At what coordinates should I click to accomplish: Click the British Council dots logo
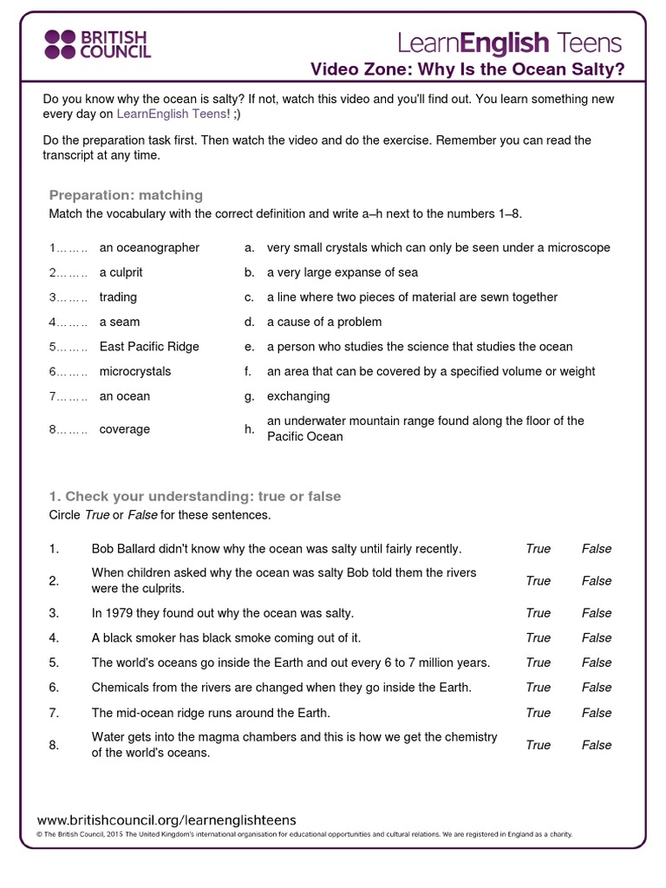pyautogui.click(x=60, y=43)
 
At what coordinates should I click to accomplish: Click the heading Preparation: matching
pyautogui.click(x=126, y=195)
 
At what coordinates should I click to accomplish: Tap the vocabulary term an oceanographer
pyautogui.click(x=149, y=248)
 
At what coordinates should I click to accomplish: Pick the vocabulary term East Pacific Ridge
pyautogui.click(x=149, y=347)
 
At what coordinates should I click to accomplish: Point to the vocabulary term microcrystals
pyautogui.click(x=135, y=371)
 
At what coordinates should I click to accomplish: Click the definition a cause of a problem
pyautogui.click(x=324, y=322)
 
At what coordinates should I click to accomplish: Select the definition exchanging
pyautogui.click(x=298, y=396)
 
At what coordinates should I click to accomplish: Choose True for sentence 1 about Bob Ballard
pyautogui.click(x=538, y=549)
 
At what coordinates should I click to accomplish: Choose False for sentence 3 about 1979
pyautogui.click(x=597, y=613)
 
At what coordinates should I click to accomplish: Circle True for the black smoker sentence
pyautogui.click(x=538, y=638)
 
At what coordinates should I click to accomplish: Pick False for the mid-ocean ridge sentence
pyautogui.click(x=597, y=713)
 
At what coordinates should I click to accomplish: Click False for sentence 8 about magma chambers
pyautogui.click(x=597, y=745)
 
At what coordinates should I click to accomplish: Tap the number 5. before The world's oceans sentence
pyautogui.click(x=54, y=663)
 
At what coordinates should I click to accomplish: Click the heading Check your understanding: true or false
pyautogui.click(x=195, y=497)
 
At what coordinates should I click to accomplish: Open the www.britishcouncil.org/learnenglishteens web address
pyautogui.click(x=166, y=819)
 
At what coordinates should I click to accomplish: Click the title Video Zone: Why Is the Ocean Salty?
pyautogui.click(x=467, y=69)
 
